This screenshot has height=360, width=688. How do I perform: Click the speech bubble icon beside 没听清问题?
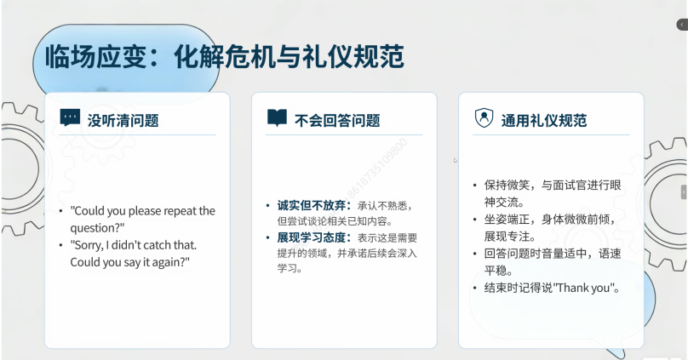click(x=70, y=117)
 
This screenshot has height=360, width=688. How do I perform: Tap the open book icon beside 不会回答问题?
click(x=277, y=117)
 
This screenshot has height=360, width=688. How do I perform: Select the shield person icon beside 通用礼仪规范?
click(x=484, y=118)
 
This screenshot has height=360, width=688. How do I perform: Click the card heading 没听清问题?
click(x=123, y=120)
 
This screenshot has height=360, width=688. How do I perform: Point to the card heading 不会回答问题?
click(x=337, y=120)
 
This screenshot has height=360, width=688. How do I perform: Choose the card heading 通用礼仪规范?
click(x=543, y=120)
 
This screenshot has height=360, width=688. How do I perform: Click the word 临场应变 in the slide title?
click(x=95, y=56)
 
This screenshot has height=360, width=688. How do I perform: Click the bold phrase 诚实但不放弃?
click(x=312, y=205)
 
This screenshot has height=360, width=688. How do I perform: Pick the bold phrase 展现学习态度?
click(x=312, y=237)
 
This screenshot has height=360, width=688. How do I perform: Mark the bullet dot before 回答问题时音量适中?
click(x=475, y=254)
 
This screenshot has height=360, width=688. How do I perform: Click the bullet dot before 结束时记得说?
click(x=475, y=289)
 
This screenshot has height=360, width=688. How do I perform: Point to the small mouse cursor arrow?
click(x=456, y=161)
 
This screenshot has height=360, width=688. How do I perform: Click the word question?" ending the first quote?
click(x=97, y=228)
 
